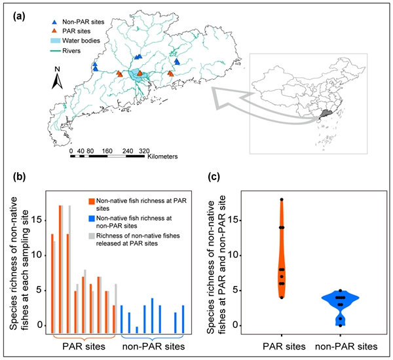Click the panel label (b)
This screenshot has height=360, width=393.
[20, 177]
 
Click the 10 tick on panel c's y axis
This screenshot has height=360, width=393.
[240, 255]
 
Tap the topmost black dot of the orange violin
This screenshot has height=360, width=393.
[282, 199]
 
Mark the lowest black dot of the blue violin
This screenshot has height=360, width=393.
[341, 325]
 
